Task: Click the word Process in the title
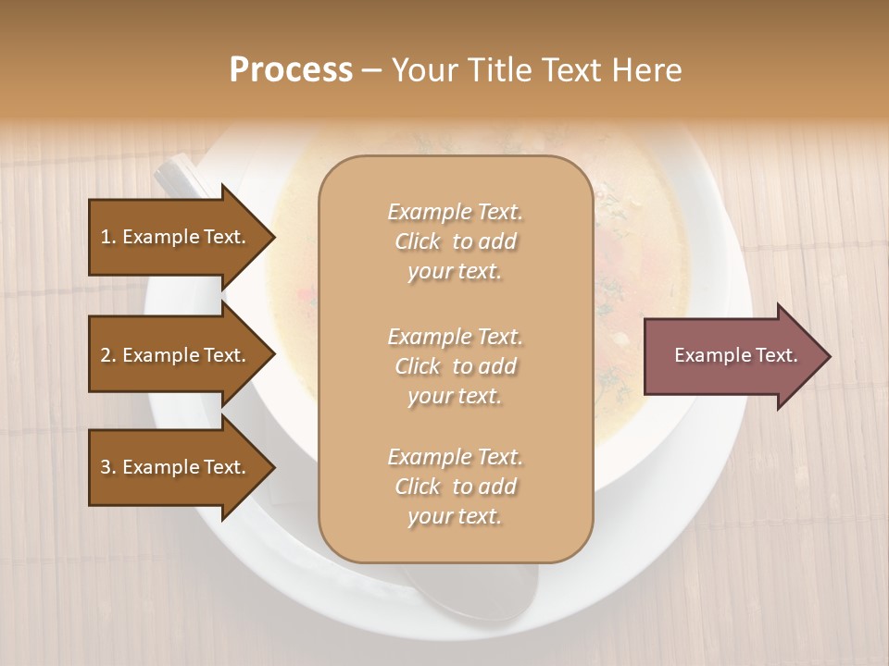point(291,70)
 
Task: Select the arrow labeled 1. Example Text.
point(176,237)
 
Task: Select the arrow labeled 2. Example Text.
point(176,355)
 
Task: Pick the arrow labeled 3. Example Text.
point(176,467)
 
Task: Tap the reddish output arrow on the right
point(732,355)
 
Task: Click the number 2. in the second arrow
point(108,355)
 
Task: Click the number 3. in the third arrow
point(108,467)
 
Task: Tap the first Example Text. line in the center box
point(455,212)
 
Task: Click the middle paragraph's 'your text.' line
point(455,396)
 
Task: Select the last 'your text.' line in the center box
point(455,517)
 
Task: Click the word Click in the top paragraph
point(418,242)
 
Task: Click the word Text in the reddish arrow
point(774,355)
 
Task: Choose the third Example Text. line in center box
point(455,457)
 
